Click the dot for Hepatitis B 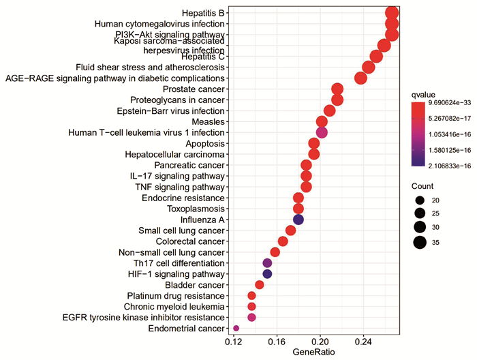[x=392, y=13]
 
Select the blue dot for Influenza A [x=298, y=220]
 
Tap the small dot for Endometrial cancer [x=236, y=329]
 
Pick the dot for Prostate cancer [x=337, y=89]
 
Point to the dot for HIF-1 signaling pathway [x=267, y=274]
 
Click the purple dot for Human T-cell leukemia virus [x=322, y=132]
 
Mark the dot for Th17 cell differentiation [x=267, y=263]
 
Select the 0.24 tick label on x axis [x=363, y=342]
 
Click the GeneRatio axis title [x=312, y=353]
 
